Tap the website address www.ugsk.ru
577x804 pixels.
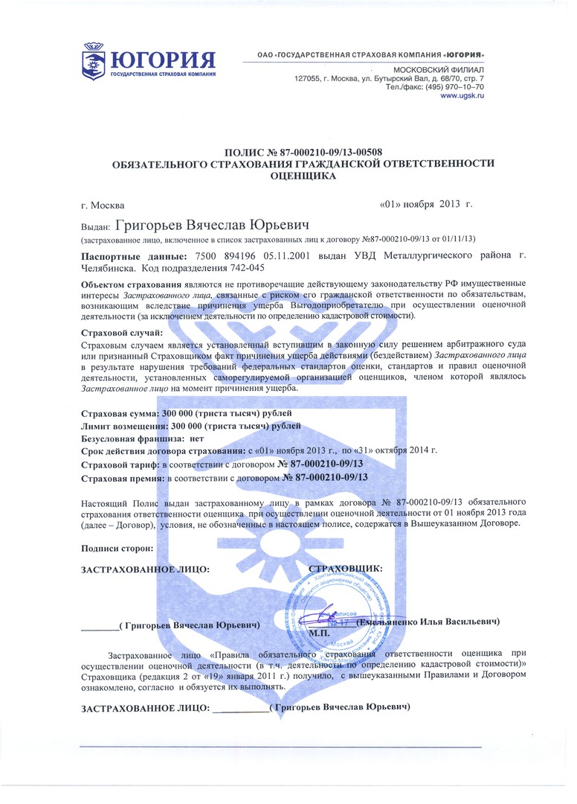(x=462, y=97)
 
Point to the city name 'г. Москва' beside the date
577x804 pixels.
(x=103, y=205)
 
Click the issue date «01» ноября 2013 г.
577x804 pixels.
(x=425, y=204)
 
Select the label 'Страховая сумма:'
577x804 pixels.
(x=120, y=412)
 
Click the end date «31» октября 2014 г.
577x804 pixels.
(x=396, y=450)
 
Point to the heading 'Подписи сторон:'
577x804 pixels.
(x=117, y=548)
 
